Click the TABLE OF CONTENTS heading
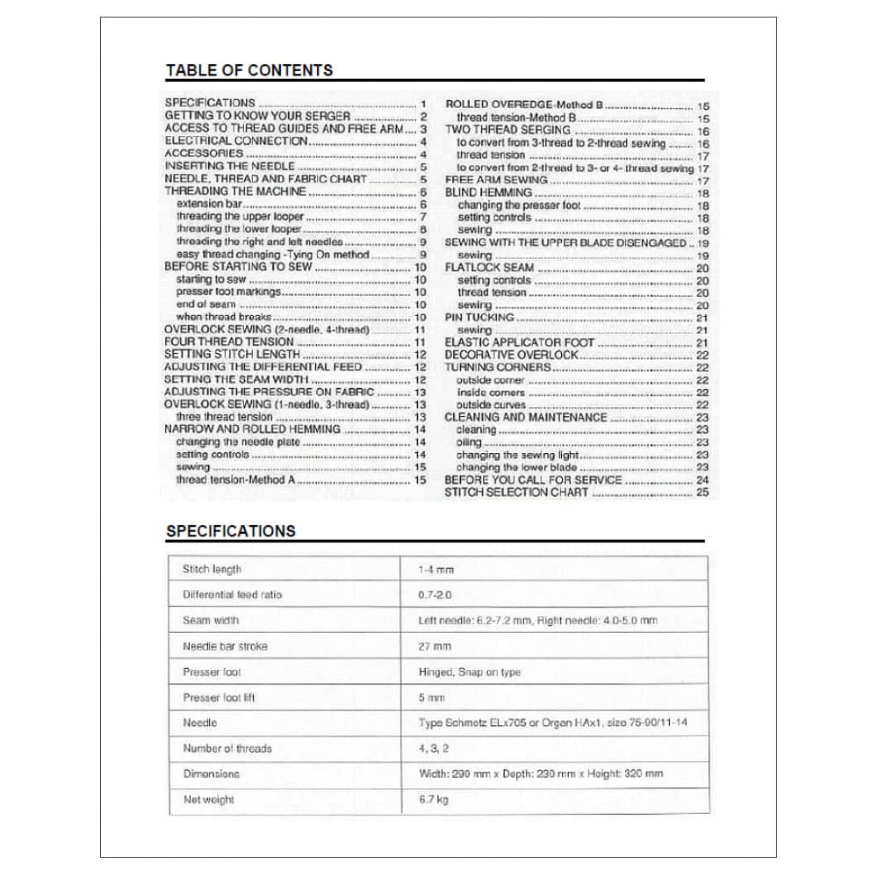(x=249, y=70)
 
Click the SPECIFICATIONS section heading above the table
(x=230, y=531)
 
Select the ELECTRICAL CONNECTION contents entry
(x=236, y=140)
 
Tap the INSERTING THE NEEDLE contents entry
(x=229, y=166)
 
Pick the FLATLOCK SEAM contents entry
(x=489, y=268)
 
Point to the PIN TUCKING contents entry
(x=479, y=318)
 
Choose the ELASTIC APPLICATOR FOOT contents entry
(x=519, y=342)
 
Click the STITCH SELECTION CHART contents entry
(x=516, y=493)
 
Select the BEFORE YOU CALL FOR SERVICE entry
(x=533, y=480)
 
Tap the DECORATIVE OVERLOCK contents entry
(x=512, y=355)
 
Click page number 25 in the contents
(x=702, y=493)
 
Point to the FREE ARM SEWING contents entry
(x=496, y=179)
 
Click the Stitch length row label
(x=212, y=569)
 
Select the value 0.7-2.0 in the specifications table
(x=435, y=594)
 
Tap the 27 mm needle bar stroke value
(x=435, y=646)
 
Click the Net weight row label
(x=208, y=800)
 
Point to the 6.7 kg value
(x=434, y=800)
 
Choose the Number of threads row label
(x=227, y=749)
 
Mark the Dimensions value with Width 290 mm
(x=541, y=774)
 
